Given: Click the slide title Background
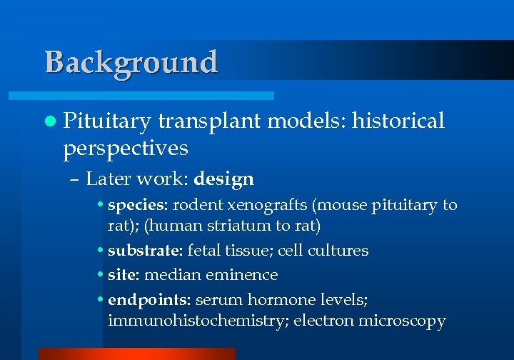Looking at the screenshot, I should pyautogui.click(x=131, y=63).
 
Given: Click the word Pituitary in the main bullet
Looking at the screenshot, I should pyautogui.click(x=106, y=121).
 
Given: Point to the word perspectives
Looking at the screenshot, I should pyautogui.click(x=126, y=148).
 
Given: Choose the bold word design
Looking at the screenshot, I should pyautogui.click(x=223, y=179).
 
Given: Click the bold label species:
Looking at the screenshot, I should pyautogui.click(x=138, y=206).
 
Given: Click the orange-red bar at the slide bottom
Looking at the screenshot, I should pyautogui.click(x=137, y=354).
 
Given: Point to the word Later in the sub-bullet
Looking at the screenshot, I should pyautogui.click(x=106, y=179).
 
